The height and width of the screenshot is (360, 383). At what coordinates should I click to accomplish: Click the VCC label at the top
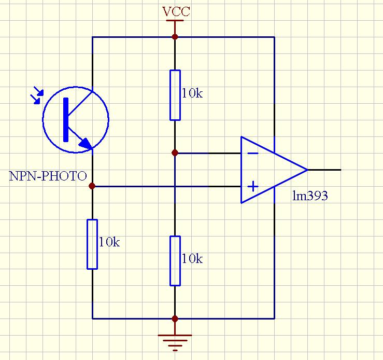pyautogui.click(x=176, y=11)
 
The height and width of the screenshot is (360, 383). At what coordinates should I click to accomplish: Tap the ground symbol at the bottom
pyautogui.click(x=175, y=340)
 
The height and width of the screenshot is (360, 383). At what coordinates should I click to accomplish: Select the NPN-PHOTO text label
pyautogui.click(x=48, y=176)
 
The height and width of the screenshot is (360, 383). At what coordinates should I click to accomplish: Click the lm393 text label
pyautogui.click(x=310, y=197)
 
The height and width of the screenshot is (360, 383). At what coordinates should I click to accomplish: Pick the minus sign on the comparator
pyautogui.click(x=253, y=154)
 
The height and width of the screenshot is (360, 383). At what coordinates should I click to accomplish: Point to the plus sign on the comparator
pyautogui.click(x=253, y=186)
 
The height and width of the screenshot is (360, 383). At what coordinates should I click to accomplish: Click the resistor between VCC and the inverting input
pyautogui.click(x=175, y=95)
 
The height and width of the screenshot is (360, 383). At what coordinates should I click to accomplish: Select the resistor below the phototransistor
pyautogui.click(x=92, y=244)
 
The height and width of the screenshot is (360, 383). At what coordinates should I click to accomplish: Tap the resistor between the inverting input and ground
pyautogui.click(x=175, y=260)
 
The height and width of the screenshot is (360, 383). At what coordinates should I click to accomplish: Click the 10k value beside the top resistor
pyautogui.click(x=192, y=93)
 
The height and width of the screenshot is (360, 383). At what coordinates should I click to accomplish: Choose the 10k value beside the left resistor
pyautogui.click(x=109, y=242)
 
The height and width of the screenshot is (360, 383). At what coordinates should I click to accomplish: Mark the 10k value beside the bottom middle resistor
pyautogui.click(x=192, y=258)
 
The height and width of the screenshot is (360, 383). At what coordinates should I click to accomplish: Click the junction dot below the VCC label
pyautogui.click(x=175, y=37)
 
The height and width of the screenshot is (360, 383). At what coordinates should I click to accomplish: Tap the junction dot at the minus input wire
pyautogui.click(x=175, y=153)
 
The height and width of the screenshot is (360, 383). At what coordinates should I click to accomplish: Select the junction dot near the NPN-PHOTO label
pyautogui.click(x=92, y=186)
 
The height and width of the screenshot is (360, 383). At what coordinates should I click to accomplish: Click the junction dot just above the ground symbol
pyautogui.click(x=175, y=319)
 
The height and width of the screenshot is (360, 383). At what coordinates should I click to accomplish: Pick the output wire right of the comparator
pyautogui.click(x=324, y=170)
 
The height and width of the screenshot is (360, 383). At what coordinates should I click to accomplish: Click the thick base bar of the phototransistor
pyautogui.click(x=66, y=119)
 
